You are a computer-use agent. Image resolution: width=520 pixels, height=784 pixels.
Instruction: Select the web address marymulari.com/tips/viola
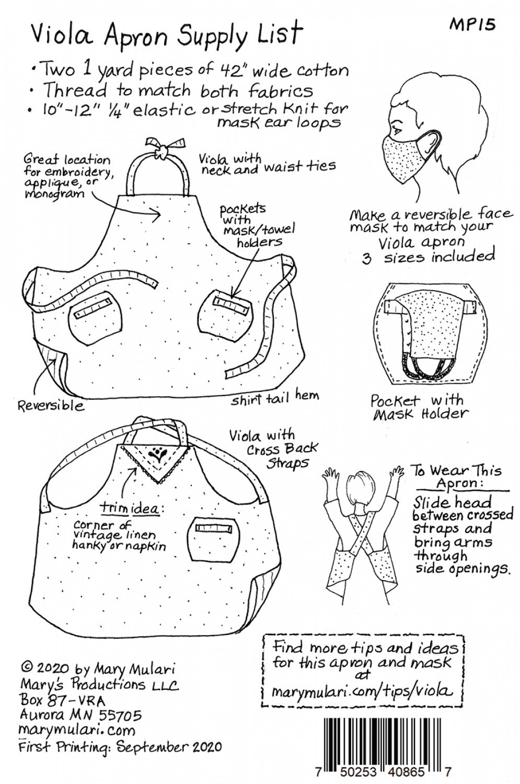(x=362, y=691)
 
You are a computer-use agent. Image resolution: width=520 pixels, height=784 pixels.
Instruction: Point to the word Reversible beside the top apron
(x=51, y=405)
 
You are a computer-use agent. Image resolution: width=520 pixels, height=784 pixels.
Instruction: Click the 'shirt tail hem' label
(x=275, y=398)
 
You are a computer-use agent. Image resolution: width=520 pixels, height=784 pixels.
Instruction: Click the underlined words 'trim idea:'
(x=132, y=508)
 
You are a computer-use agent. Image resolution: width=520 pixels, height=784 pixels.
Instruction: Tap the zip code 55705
(x=116, y=714)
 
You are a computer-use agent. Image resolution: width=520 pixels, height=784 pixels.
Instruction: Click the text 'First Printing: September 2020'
(x=120, y=746)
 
